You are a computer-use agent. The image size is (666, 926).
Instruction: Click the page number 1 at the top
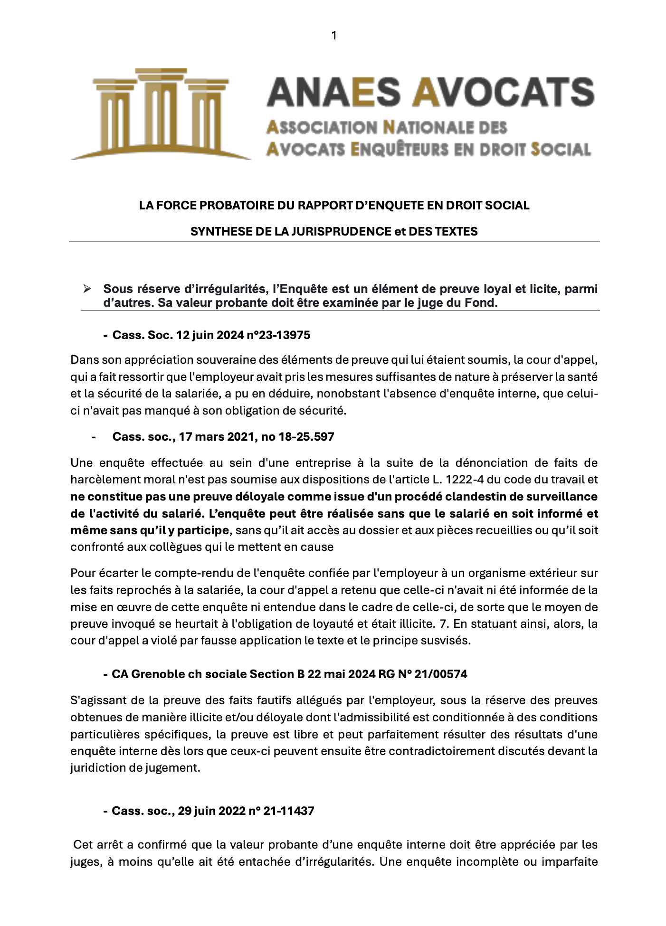click(x=334, y=36)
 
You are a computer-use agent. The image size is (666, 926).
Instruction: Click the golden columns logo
click(x=161, y=114)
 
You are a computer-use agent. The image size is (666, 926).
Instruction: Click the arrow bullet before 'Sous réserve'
click(x=86, y=289)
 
